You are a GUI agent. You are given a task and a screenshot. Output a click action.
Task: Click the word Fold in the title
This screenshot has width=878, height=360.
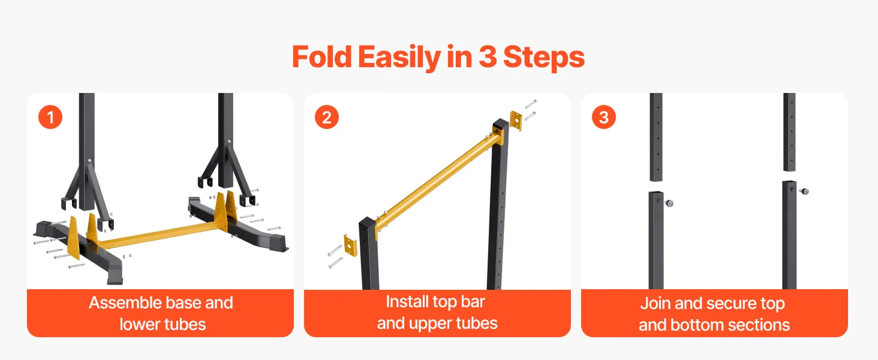[x=322, y=57]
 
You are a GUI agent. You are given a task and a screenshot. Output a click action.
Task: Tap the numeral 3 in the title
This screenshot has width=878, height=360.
[x=487, y=57]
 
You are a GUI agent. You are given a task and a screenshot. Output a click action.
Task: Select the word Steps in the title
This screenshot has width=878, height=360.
[x=544, y=58]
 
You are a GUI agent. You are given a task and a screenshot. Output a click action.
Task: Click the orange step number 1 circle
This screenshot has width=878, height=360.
[x=50, y=117]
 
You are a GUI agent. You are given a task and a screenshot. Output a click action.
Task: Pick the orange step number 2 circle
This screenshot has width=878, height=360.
[x=327, y=117]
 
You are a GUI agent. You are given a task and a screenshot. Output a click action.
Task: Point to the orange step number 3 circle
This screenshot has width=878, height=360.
[x=603, y=117]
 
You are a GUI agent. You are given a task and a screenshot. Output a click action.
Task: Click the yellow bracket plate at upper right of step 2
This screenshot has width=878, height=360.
[x=516, y=121]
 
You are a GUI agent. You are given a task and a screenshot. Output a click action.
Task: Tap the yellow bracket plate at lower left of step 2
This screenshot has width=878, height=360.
[x=350, y=245]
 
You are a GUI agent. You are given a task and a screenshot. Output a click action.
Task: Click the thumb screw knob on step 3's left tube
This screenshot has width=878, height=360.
[x=669, y=203]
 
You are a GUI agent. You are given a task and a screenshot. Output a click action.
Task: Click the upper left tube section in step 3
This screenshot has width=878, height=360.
[x=656, y=137]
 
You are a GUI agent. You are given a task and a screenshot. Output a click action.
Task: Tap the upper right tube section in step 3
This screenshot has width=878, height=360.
[x=789, y=132]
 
